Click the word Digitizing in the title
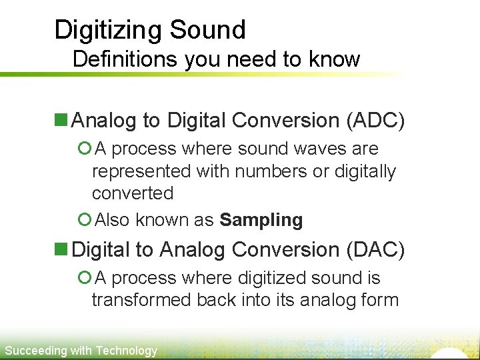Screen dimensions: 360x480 click(108, 30)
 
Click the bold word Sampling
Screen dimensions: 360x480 click(261, 220)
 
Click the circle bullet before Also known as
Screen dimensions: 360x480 click(84, 219)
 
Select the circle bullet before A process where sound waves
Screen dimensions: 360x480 click(84, 149)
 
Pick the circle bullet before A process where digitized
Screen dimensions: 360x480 click(84, 278)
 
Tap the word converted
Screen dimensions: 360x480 click(132, 193)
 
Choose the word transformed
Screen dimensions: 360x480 click(141, 300)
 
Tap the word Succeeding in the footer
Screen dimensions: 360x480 click(36, 351)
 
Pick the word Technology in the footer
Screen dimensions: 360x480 click(127, 351)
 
